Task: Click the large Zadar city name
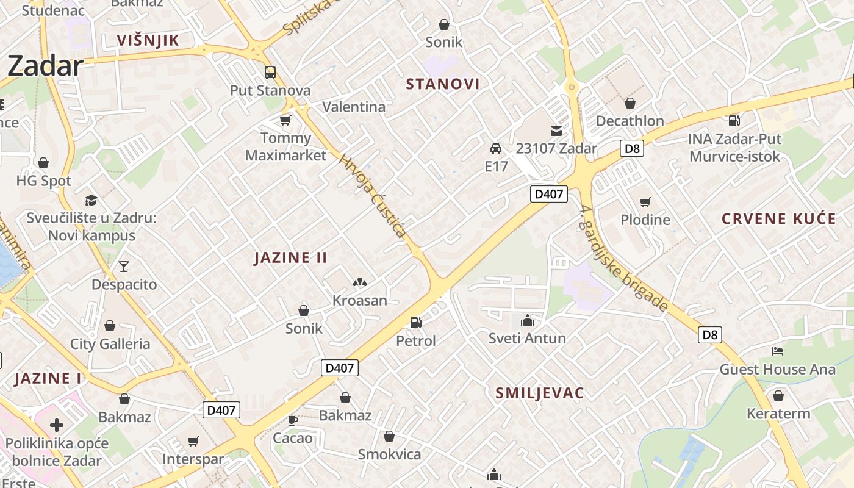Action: pyautogui.click(x=45, y=66)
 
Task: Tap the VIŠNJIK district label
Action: pyautogui.click(x=148, y=41)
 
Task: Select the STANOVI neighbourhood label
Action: pyautogui.click(x=443, y=84)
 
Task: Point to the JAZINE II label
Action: pyautogui.click(x=290, y=257)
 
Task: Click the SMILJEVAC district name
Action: pyautogui.click(x=540, y=393)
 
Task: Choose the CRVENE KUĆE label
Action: pyautogui.click(x=778, y=219)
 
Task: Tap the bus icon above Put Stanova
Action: pyautogui.click(x=270, y=73)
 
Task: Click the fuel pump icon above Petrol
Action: pyautogui.click(x=416, y=322)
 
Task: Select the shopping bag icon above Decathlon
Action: pyautogui.click(x=630, y=103)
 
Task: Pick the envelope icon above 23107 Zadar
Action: pyautogui.click(x=556, y=131)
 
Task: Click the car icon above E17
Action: pyautogui.click(x=496, y=149)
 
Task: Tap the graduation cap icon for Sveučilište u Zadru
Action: pyautogui.click(x=91, y=200)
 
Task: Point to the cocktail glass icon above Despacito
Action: pyautogui.click(x=124, y=267)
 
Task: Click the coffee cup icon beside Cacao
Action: pyautogui.click(x=293, y=420)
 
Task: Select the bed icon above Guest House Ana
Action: pyautogui.click(x=777, y=351)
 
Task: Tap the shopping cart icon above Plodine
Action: pyautogui.click(x=645, y=202)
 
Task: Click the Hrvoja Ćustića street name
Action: pyautogui.click(x=372, y=196)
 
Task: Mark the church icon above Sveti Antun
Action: pyautogui.click(x=527, y=320)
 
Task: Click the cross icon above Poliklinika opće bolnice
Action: pyautogui.click(x=57, y=425)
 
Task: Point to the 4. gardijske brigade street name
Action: pyautogui.click(x=623, y=258)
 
